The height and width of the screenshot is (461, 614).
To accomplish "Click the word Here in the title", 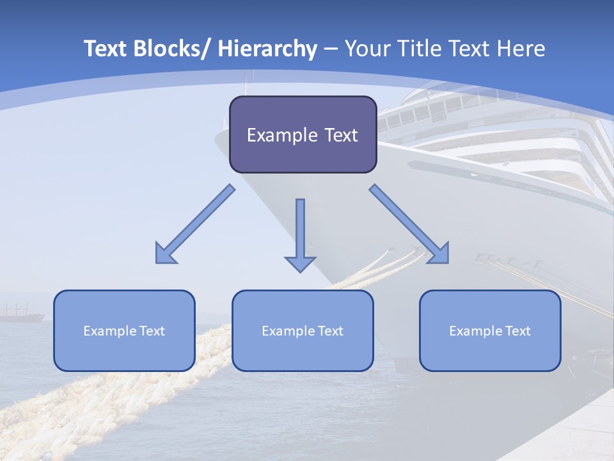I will tap(519, 49).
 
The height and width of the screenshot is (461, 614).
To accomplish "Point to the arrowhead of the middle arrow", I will tap(300, 263).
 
